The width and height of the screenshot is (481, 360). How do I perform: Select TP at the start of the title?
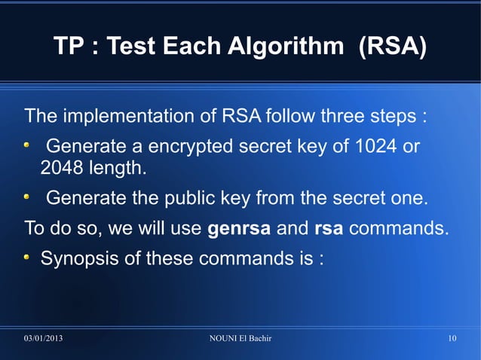(68, 47)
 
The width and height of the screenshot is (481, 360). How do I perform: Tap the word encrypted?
(191, 146)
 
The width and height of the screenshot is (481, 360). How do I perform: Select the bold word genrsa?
(238, 227)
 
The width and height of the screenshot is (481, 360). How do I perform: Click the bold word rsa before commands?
(329, 227)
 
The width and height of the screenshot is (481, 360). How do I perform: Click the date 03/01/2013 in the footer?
(43, 338)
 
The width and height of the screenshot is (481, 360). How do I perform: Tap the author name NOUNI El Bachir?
(240, 338)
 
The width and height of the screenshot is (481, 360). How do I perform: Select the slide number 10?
(452, 338)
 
